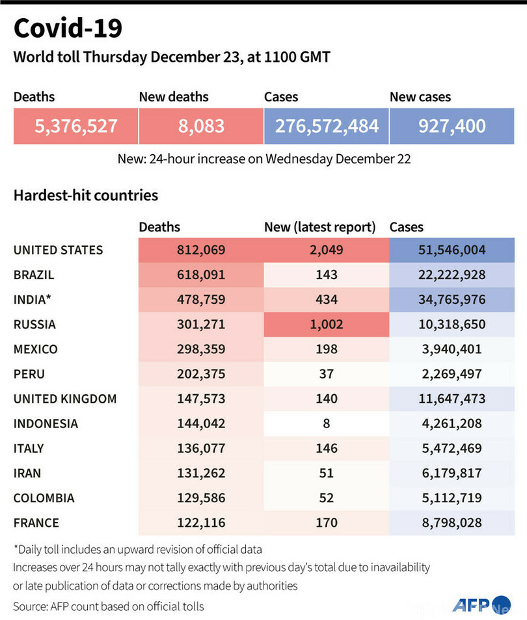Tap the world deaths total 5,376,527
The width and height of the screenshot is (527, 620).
[76, 126]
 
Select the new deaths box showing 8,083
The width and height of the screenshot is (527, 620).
[201, 126]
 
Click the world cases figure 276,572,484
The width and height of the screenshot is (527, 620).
[327, 126]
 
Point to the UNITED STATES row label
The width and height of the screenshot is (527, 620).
[58, 250]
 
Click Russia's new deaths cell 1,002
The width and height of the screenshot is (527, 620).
[326, 324]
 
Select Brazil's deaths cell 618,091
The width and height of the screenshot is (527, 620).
[201, 275]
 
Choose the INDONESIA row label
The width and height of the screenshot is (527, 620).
[46, 424]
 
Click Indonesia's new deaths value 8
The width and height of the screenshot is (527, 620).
[326, 424]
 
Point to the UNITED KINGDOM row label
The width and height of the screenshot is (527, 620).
[65, 399]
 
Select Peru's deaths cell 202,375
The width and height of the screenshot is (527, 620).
[201, 374]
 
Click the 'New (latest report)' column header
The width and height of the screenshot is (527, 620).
[319, 227]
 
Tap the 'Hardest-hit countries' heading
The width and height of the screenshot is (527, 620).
[85, 195]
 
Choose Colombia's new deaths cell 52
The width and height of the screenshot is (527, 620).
[326, 498]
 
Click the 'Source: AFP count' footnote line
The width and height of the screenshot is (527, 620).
[109, 606]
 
